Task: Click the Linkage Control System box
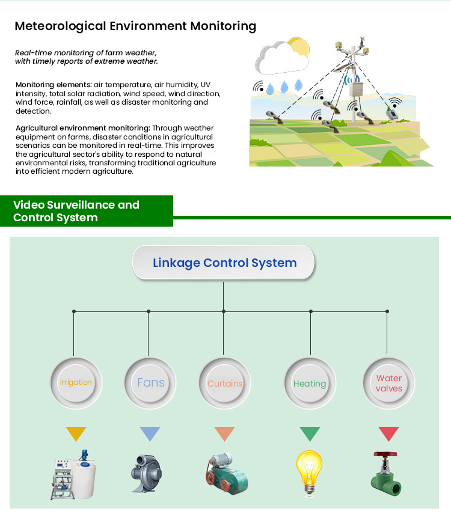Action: (223, 263)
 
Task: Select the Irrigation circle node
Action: (76, 383)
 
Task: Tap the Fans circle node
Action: (150, 383)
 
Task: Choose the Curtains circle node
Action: (224, 383)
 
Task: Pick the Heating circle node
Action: (310, 383)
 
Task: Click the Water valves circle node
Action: (388, 383)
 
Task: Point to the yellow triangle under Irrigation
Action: (76, 433)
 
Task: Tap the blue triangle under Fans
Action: (150, 433)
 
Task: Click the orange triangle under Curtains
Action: (224, 433)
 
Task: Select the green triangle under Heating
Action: (310, 433)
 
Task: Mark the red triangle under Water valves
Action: (388, 433)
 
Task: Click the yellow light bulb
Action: (309, 473)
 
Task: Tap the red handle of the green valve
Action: (385, 454)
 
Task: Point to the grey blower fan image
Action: (146, 473)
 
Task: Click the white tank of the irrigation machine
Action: (84, 478)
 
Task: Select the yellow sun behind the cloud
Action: (299, 47)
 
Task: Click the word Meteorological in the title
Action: (60, 26)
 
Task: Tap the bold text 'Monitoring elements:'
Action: (54, 85)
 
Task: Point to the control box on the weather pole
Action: (357, 89)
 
